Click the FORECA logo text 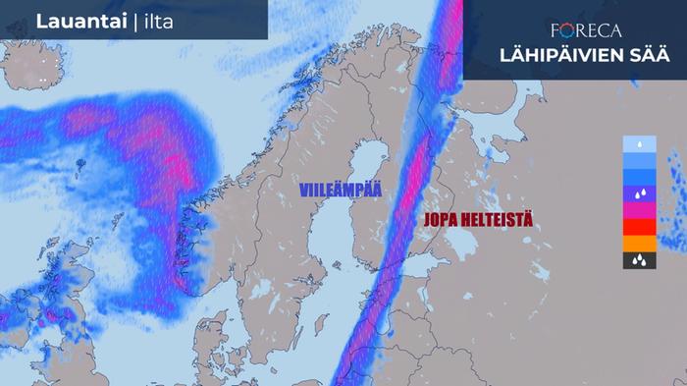coord(587,29)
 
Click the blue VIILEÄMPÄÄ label coord(342,189)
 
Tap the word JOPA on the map coord(446,219)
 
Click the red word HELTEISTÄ coord(502,219)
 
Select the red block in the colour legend coord(639,227)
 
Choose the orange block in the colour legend coord(639,244)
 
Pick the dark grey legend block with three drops coord(639,260)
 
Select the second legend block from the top coord(639,160)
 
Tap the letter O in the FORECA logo coord(571,29)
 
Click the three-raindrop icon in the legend coord(639,260)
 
